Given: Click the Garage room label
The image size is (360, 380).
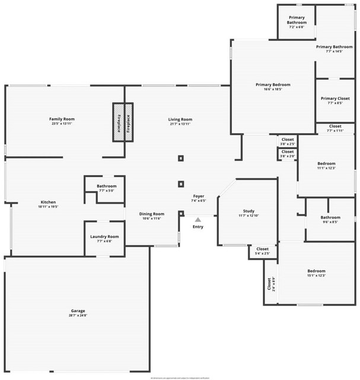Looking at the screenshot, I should point(78,311).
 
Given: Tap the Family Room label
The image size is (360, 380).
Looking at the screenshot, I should point(62,119).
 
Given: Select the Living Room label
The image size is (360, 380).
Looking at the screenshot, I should point(181,119).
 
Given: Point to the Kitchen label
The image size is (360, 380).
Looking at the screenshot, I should point(48,202).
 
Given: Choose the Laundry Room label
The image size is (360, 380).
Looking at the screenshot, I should point(104,237).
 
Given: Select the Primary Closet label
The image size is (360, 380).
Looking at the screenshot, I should point(335,99).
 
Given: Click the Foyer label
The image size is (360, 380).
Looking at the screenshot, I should point(198,196).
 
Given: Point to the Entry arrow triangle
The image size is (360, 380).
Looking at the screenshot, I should point(198,220).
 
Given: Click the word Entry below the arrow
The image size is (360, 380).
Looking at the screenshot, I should point(198,226).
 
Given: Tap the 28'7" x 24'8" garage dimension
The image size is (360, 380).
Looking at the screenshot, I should point(78,315).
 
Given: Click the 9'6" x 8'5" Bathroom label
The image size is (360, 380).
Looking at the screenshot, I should point(330,220).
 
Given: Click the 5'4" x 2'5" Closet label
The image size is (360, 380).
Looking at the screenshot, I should point(262,251).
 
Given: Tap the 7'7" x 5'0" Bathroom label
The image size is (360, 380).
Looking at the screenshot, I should point(107,188).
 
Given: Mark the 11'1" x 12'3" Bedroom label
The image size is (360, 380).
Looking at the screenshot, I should point(326,166).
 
